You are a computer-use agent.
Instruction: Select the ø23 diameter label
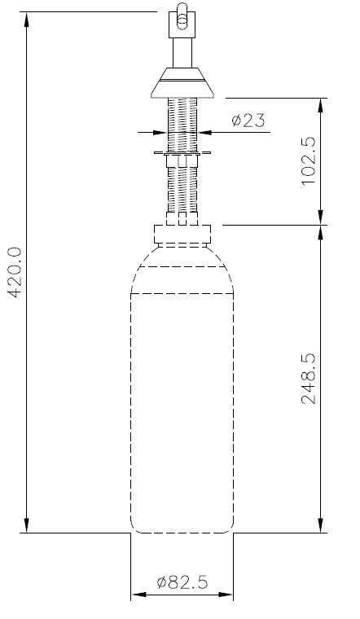247,121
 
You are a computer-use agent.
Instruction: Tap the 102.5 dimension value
310,160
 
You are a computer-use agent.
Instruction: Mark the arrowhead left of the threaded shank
160,132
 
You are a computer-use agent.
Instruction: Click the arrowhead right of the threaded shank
204,132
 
